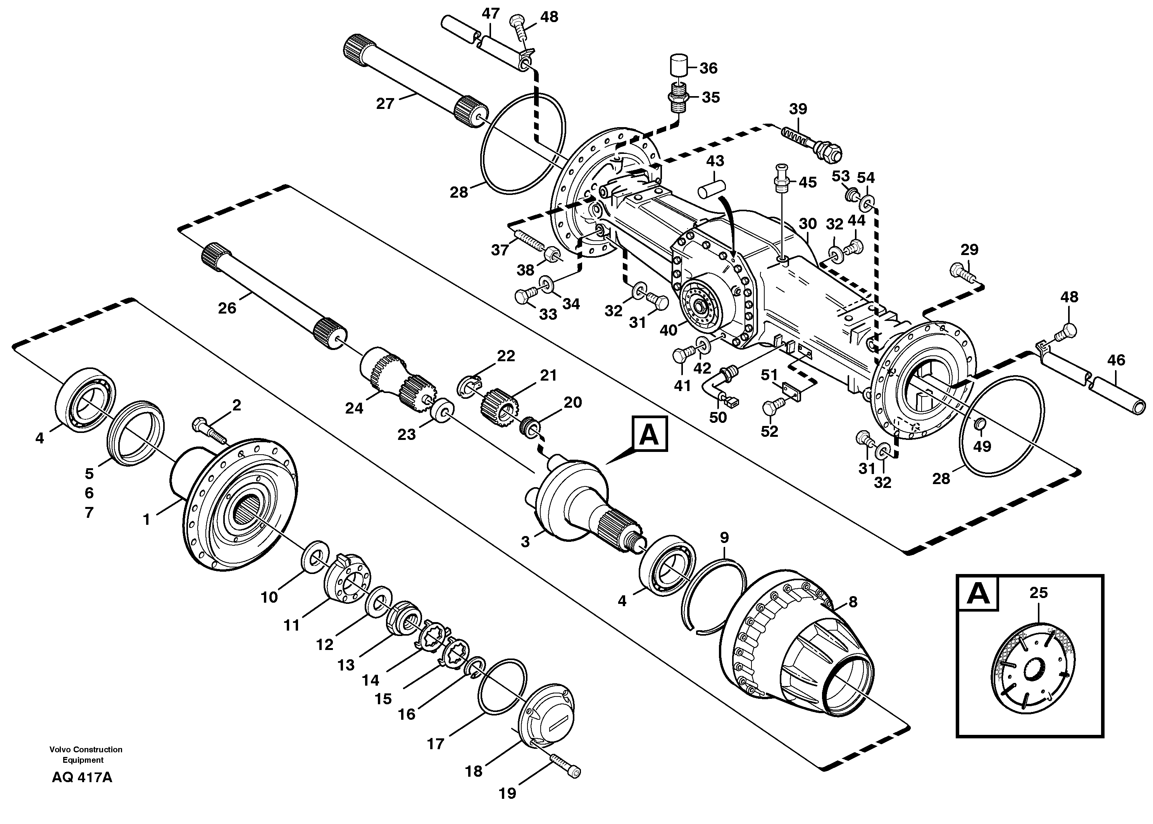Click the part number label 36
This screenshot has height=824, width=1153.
[708, 68]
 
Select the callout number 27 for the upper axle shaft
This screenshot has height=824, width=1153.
[385, 103]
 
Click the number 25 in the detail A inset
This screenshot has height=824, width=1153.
[1038, 592]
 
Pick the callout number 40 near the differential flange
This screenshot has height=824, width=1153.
[668, 330]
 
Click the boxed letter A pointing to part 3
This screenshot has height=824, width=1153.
[649, 435]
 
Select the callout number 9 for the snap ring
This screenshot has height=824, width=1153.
[724, 537]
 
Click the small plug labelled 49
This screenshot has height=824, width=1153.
[981, 424]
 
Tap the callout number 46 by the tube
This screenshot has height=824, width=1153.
[1116, 360]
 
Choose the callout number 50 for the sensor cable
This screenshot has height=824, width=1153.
[718, 417]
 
